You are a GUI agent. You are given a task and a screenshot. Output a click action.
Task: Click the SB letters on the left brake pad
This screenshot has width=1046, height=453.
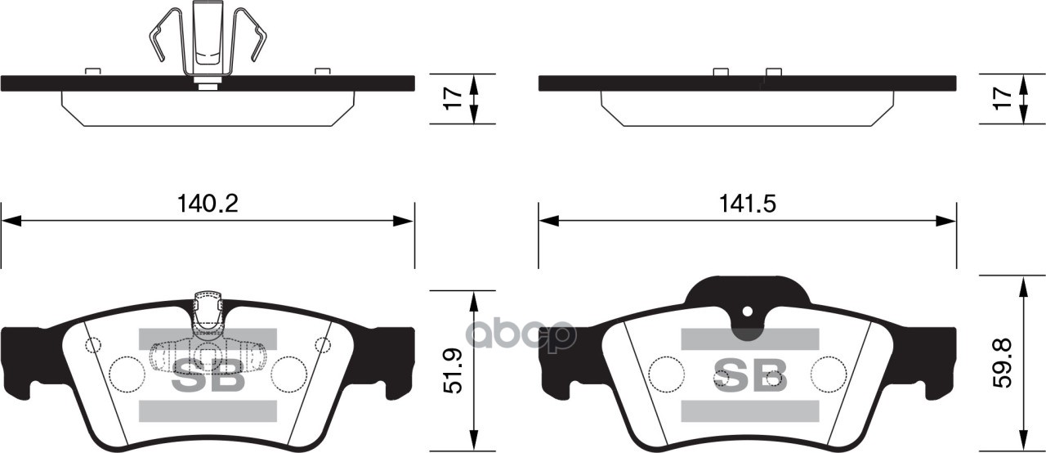(x=208, y=376)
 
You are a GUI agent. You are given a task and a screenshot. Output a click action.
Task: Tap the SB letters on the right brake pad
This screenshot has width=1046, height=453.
(x=749, y=375)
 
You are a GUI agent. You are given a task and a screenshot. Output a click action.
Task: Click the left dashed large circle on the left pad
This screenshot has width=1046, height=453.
(x=126, y=375)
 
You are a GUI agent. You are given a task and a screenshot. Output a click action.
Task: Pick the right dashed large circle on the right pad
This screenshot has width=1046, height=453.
(x=827, y=374)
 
